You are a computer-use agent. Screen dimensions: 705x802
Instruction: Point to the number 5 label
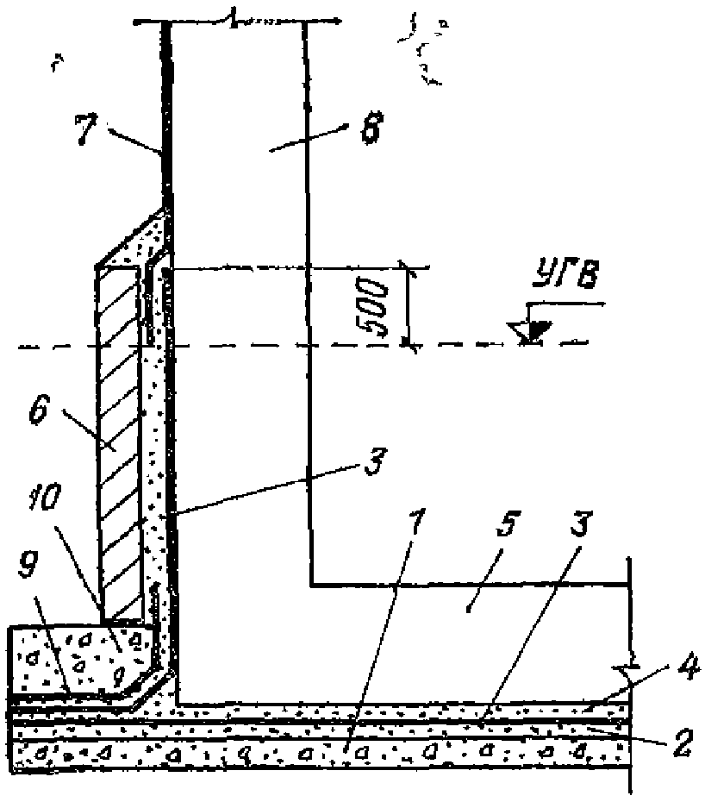(x=470, y=604)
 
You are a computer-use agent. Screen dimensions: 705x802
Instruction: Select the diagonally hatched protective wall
(x=120, y=440)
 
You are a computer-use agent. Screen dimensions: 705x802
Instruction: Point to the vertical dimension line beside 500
(x=407, y=306)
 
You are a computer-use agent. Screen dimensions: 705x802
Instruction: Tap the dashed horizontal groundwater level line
(x=259, y=348)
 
